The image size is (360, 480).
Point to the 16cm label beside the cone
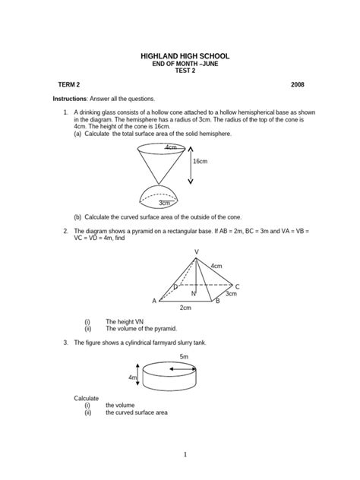point(201,161)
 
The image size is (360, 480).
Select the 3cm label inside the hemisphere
point(164,203)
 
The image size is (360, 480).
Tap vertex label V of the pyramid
point(197,251)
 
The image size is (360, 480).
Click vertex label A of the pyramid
point(154,302)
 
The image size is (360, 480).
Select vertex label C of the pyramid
point(237,286)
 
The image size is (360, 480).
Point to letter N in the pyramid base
point(193,293)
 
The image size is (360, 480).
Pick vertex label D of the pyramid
point(175,286)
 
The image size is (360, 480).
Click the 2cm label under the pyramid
point(185,308)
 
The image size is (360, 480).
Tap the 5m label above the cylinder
point(184,356)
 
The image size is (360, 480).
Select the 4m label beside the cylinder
point(133,377)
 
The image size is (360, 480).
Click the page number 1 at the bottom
point(185,454)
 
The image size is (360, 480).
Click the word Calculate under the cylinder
point(86,398)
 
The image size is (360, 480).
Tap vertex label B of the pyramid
point(217,302)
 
